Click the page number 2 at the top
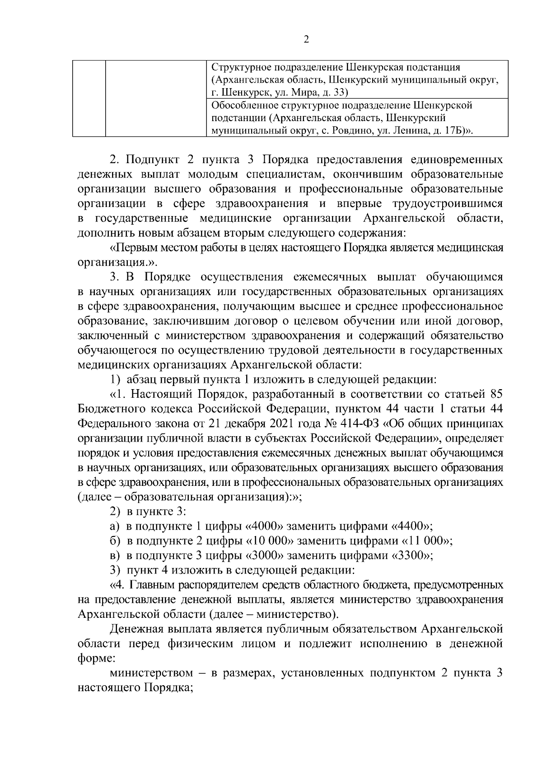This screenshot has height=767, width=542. [306, 40]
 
